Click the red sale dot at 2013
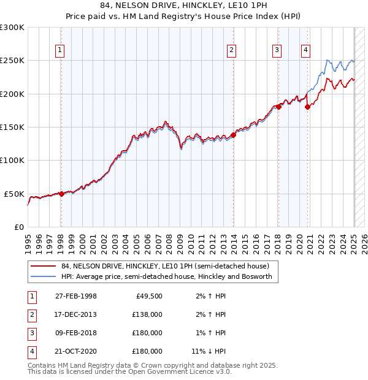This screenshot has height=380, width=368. click(x=234, y=135)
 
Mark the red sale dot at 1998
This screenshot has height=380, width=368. click(x=61, y=194)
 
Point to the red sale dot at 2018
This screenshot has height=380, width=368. click(x=278, y=107)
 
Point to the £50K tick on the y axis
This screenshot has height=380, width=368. click(x=15, y=194)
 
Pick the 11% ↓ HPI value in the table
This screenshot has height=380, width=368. click(x=209, y=351)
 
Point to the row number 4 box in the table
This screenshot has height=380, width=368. click(x=31, y=351)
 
